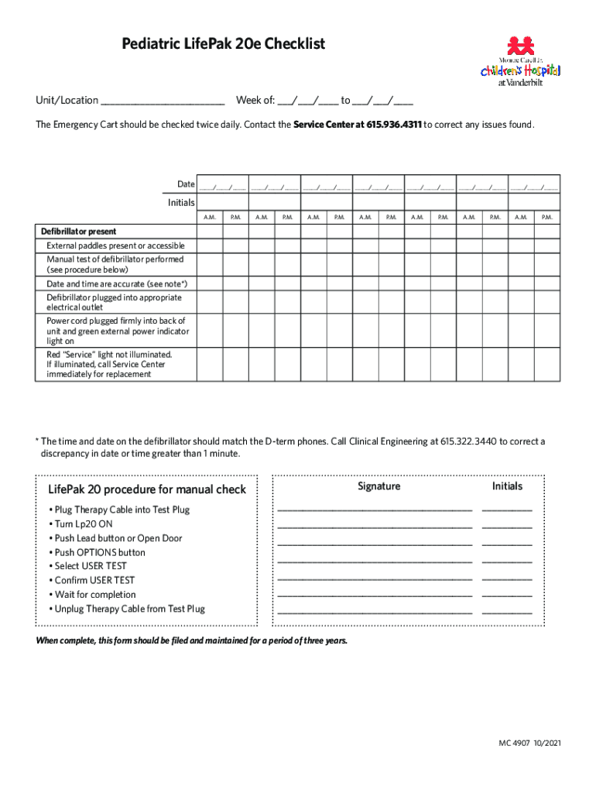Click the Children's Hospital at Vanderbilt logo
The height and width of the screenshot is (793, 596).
(520, 62)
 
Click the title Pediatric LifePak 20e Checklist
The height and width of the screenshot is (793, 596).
(223, 45)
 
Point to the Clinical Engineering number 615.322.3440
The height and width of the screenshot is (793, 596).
(468, 442)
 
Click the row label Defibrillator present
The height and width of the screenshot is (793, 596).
(79, 232)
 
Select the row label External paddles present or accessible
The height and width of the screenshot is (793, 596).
(115, 245)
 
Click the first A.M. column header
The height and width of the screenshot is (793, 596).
(210, 218)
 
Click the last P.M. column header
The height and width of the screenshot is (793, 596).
(546, 218)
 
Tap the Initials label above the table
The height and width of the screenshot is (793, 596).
(181, 202)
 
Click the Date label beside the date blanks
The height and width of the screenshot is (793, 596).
(186, 184)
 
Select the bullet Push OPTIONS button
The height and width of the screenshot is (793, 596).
(99, 552)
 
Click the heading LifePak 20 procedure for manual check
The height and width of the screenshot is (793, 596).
(147, 489)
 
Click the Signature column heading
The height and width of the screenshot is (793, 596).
(378, 486)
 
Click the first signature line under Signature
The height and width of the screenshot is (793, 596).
(375, 510)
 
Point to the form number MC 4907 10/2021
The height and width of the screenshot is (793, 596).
(529, 743)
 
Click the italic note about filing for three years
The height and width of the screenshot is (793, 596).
(192, 641)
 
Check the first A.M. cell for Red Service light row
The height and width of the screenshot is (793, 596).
(210, 364)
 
